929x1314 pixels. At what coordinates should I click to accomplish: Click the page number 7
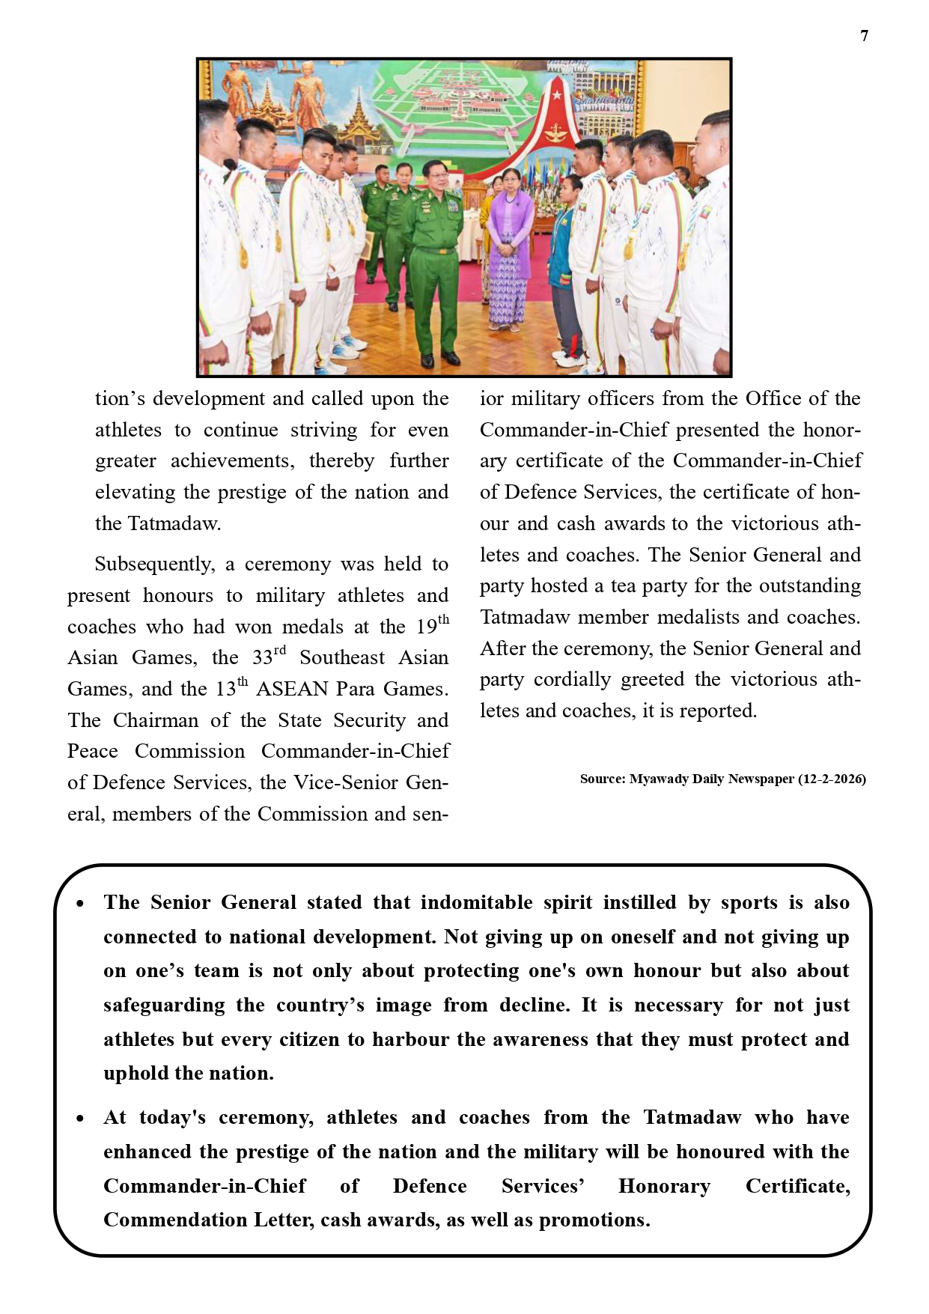[x=865, y=36]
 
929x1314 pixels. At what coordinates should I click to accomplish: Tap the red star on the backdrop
[x=556, y=95]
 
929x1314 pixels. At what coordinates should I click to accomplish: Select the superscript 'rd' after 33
[x=280, y=651]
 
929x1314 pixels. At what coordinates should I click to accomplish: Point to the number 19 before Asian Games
[x=426, y=627]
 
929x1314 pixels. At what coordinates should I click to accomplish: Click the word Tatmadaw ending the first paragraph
[x=173, y=523]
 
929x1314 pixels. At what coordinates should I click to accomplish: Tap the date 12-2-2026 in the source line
[x=831, y=779]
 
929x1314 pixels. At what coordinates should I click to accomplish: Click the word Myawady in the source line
[x=659, y=779]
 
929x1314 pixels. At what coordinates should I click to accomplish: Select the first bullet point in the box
[x=80, y=904]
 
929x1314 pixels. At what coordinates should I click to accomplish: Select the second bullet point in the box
[x=80, y=1119]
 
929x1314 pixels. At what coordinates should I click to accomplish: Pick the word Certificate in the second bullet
[x=797, y=1186]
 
